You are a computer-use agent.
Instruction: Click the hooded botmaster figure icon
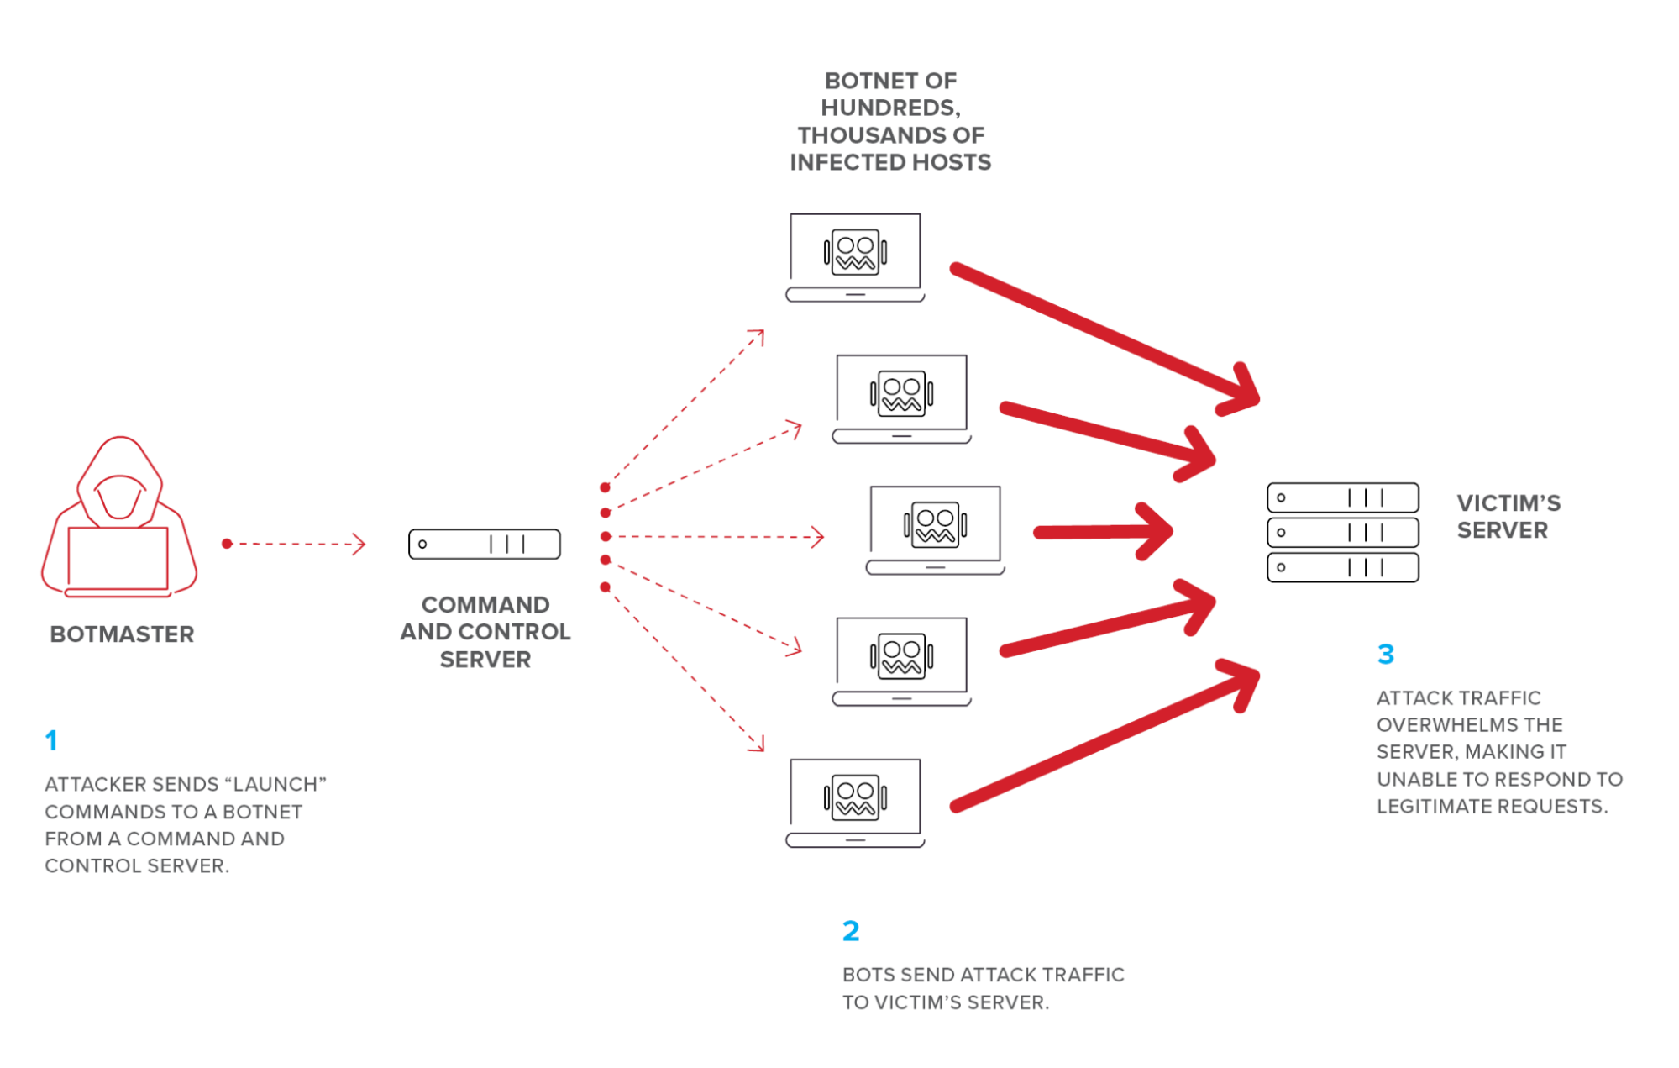pos(119,518)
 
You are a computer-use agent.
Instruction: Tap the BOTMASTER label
pos(122,634)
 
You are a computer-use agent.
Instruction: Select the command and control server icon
pos(485,545)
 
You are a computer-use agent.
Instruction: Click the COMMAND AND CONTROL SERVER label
pos(485,632)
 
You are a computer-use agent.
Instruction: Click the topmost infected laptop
pos(855,257)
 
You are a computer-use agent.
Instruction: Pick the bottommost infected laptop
pos(855,802)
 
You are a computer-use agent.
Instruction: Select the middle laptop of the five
pos(935,530)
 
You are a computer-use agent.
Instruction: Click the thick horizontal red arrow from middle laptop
pos(1101,532)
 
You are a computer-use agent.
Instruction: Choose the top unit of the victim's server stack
pos(1342,497)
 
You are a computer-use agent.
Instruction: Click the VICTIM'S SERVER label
pos(1507,517)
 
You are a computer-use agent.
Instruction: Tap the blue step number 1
pos(51,740)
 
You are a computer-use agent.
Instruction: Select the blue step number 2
pos(851,931)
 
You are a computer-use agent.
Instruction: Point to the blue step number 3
pos(1386,654)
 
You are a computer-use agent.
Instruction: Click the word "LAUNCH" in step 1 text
pos(275,784)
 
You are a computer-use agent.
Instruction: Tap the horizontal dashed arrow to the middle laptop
pos(714,536)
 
